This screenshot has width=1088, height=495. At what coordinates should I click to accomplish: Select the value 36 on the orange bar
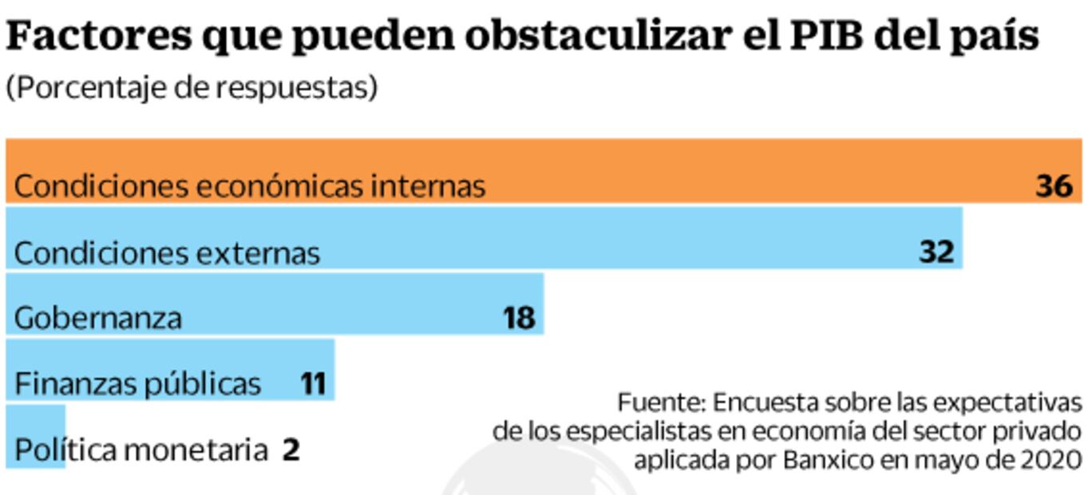coord(1053,186)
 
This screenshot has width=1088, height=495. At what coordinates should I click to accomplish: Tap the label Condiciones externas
coord(167,253)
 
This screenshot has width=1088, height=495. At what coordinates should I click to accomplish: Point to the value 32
coord(936,252)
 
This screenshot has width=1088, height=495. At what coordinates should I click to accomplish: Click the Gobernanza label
coord(98,319)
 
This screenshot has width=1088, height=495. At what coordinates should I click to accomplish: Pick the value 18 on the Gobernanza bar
coord(518,319)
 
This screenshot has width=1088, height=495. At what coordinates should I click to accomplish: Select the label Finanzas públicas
coord(137,384)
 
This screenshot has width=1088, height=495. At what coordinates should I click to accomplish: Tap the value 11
coord(313,384)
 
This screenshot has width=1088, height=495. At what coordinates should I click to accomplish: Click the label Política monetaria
coord(140,450)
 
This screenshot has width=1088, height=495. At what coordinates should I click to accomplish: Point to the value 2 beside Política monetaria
coord(291,450)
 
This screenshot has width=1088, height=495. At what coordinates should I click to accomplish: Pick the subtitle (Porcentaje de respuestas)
coord(191,88)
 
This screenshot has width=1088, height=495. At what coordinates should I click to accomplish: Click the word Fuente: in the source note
coord(662,401)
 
